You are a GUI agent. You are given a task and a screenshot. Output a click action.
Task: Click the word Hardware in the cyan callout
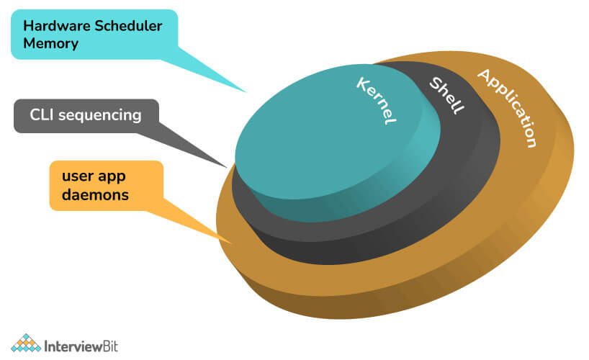[57, 26]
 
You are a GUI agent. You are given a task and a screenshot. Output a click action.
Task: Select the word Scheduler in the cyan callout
[128, 26]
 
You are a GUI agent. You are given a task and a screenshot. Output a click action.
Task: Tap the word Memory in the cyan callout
[50, 44]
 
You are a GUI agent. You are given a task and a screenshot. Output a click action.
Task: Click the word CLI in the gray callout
[41, 114]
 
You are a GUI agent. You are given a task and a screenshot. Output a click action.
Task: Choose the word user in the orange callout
[78, 176]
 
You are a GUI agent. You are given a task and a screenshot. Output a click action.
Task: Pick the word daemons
[96, 194]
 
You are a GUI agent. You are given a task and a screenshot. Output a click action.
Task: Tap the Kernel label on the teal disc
[377, 101]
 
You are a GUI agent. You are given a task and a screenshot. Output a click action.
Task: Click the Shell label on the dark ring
[447, 96]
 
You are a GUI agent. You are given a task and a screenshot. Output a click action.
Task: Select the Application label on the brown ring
[508, 108]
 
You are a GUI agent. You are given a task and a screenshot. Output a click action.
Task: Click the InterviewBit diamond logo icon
[26, 343]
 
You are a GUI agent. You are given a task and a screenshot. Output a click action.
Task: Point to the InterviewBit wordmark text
[81, 346]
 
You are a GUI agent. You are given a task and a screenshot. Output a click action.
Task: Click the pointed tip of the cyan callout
[246, 92]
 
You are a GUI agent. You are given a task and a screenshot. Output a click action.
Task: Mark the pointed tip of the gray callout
[227, 167]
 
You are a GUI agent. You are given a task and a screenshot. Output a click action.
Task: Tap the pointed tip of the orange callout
[232, 244]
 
